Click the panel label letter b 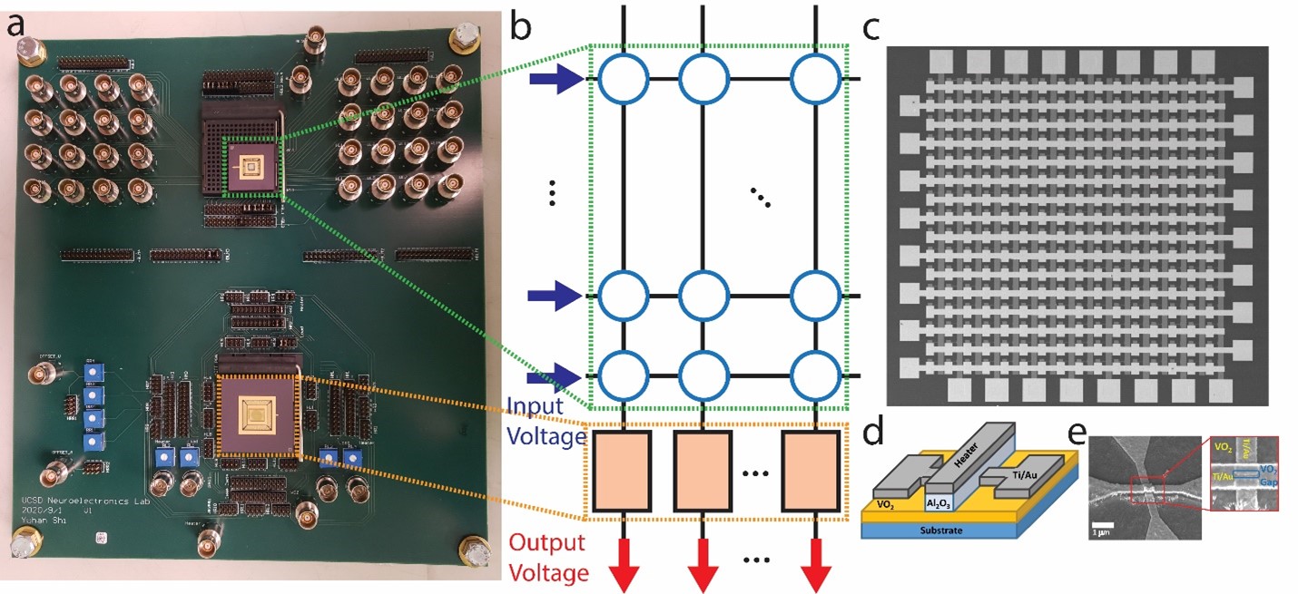coord(521,27)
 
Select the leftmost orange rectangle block coord(623,472)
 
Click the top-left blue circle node coord(623,81)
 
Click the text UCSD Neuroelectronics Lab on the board coord(67,501)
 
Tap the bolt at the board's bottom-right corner coord(473,550)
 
